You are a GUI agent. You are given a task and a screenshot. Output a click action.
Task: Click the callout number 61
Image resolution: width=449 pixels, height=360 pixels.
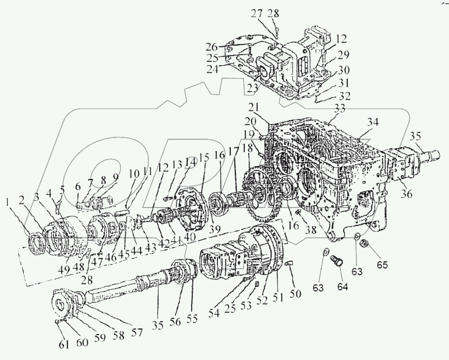click(64, 344)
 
